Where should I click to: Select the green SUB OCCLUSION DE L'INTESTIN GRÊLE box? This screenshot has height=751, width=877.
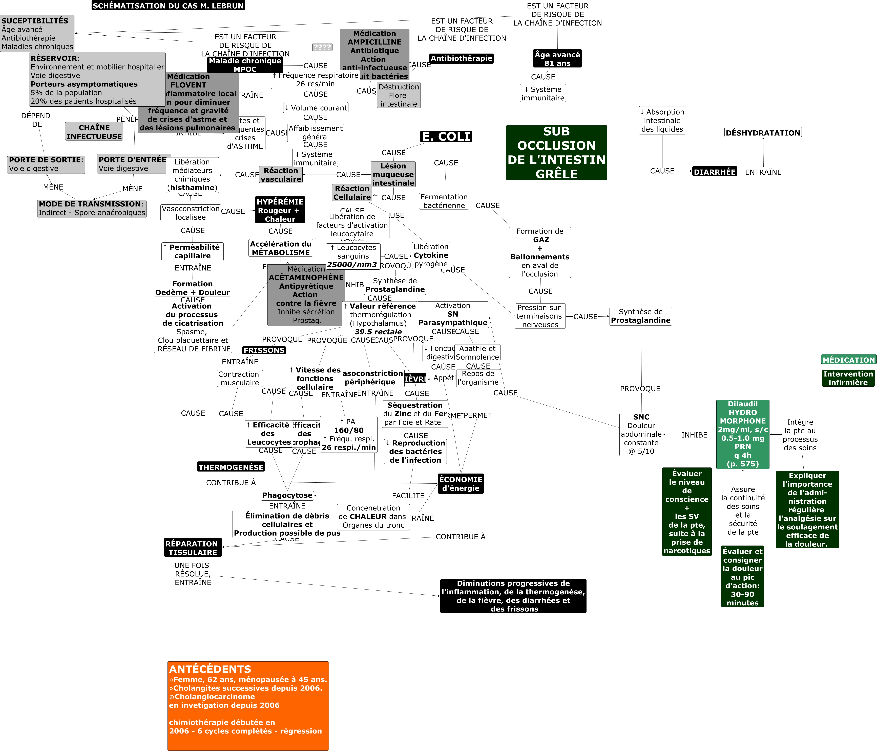point(556,153)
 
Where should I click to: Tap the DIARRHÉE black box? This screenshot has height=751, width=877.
point(715,172)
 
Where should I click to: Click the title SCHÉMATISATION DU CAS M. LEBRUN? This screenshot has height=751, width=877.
point(168,6)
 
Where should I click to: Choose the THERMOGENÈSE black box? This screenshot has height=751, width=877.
point(231,467)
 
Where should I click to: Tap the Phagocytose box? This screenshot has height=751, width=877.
point(287,495)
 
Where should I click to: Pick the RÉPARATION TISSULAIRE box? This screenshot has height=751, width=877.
point(193,548)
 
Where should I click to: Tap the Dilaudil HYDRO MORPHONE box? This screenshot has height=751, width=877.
point(743,434)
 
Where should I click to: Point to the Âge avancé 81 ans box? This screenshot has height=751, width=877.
point(557,59)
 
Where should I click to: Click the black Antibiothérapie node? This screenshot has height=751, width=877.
point(461,58)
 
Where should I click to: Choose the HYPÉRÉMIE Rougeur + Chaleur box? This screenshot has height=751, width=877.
point(280,210)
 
